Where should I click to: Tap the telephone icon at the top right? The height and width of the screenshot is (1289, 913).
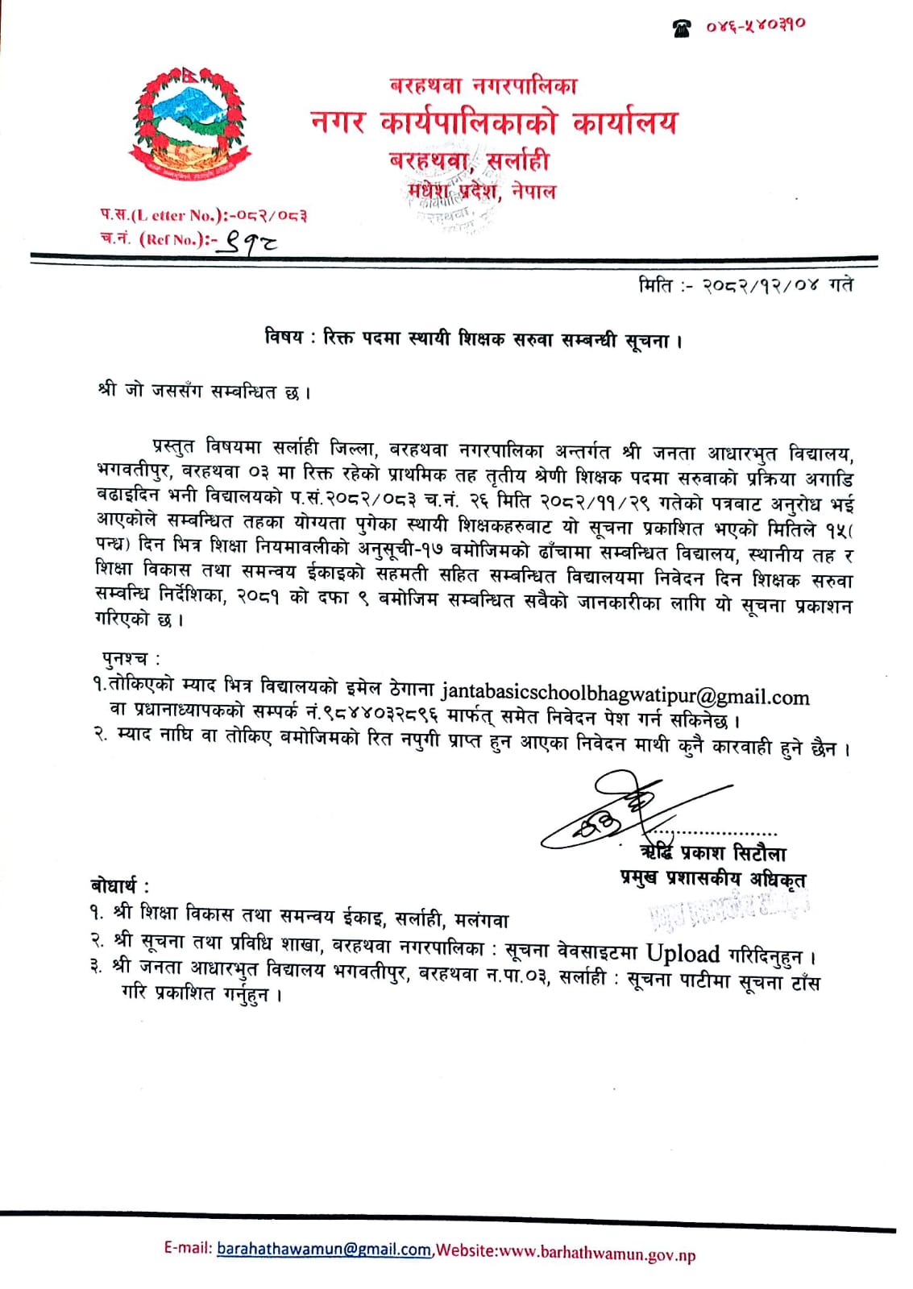point(683,28)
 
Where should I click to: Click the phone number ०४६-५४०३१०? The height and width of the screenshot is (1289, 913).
point(756,27)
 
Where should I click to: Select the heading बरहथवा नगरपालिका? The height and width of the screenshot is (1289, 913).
point(483,85)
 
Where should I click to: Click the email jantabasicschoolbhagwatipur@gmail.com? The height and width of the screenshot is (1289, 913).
point(625,695)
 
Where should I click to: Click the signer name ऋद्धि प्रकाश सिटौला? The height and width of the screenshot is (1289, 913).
point(712,853)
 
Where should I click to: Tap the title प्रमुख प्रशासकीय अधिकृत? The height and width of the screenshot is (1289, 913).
point(712,879)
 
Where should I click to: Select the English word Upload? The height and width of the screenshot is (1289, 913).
point(683,954)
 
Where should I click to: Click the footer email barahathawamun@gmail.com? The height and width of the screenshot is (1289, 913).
point(324,1250)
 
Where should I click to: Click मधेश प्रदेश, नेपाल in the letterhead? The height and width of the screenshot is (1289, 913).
point(481,192)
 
